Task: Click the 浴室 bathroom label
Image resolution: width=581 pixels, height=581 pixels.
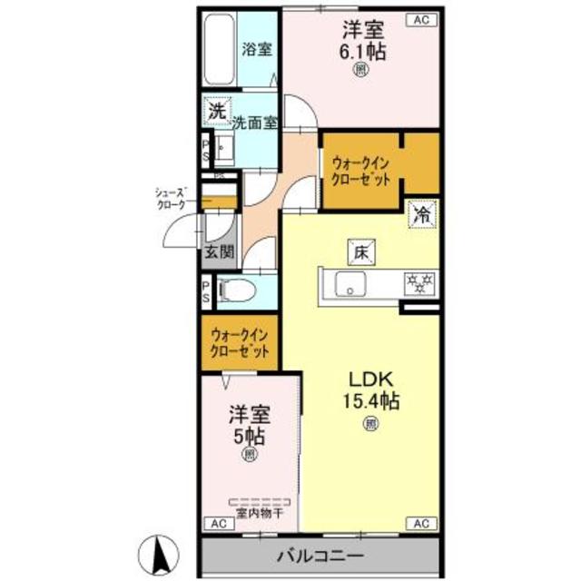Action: (257, 50)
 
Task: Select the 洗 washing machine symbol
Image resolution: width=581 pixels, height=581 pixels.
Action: (216, 113)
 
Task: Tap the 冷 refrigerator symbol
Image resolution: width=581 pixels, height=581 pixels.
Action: (422, 214)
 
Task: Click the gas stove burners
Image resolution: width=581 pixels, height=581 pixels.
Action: (419, 283)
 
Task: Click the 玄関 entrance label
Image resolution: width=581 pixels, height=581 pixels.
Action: (218, 251)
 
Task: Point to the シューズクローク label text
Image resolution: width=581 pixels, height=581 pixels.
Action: (172, 199)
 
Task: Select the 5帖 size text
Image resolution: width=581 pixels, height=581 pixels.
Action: (248, 434)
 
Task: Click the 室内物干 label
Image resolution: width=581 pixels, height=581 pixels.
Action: (259, 513)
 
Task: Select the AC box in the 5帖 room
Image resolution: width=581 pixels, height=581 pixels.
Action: (218, 524)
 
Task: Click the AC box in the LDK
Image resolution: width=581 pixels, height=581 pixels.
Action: (422, 524)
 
